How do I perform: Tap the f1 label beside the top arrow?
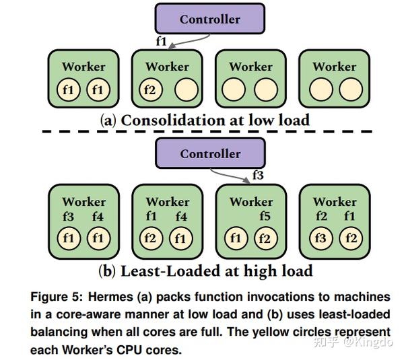(161, 41)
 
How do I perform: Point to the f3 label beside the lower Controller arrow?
(258, 175)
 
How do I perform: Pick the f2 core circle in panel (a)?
(150, 89)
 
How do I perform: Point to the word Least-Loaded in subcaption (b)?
(163, 271)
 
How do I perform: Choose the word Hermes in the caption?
(108, 297)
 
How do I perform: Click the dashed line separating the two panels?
(202, 133)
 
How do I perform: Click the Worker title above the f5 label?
(251, 202)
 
